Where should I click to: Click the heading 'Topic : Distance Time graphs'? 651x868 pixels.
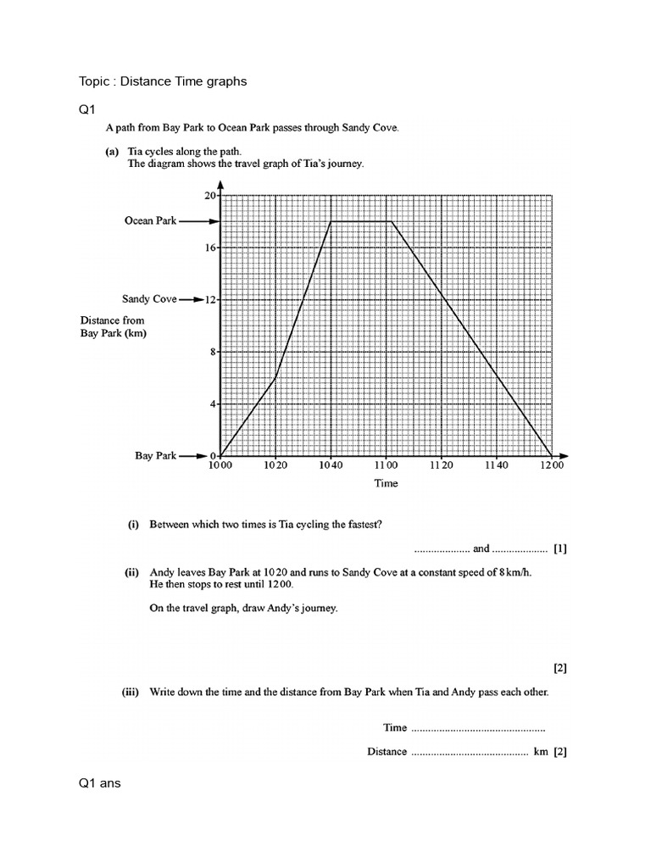click(x=163, y=81)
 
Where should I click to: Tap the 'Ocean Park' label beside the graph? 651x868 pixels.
click(x=150, y=221)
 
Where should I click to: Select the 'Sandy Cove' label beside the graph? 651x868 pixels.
click(x=149, y=299)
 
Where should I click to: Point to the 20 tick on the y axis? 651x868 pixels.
click(x=211, y=195)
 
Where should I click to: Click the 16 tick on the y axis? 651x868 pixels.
click(x=211, y=248)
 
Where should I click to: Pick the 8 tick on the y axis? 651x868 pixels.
click(x=214, y=352)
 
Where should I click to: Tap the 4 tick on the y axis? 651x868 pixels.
click(x=214, y=403)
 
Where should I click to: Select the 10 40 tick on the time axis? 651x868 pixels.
click(x=331, y=465)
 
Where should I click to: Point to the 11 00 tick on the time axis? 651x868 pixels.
click(x=386, y=465)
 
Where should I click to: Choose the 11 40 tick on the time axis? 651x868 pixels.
click(x=496, y=465)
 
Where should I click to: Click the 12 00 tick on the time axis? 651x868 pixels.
click(x=551, y=465)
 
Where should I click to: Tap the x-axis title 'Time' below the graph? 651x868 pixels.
click(x=386, y=483)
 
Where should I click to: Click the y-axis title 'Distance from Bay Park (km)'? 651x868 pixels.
click(x=113, y=326)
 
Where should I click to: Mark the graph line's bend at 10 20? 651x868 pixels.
click(x=275, y=378)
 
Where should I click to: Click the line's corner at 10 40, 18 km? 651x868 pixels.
click(x=331, y=221)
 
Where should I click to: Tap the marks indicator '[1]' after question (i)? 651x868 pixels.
click(x=559, y=548)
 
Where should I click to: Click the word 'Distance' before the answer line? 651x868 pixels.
click(x=387, y=752)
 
